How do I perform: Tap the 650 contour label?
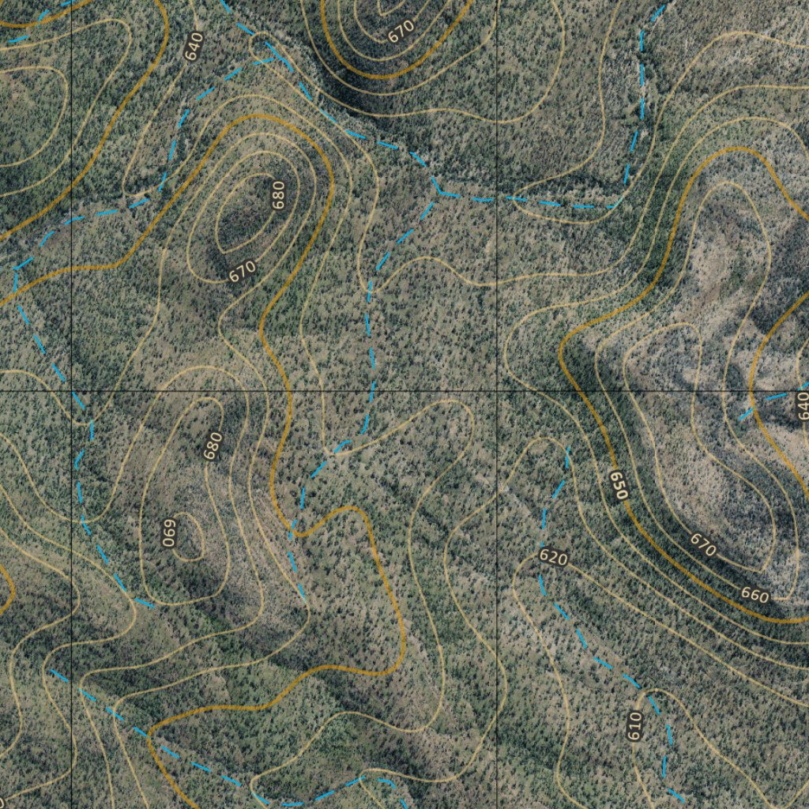pos(619,484)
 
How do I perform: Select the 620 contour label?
pos(553,558)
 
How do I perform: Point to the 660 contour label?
pos(754,595)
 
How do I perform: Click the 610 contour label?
pos(634,725)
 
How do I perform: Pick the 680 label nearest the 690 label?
pos(212,446)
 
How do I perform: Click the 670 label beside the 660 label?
pos(702,544)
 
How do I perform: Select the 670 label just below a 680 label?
pos(243,271)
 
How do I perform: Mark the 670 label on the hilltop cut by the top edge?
pos(401,31)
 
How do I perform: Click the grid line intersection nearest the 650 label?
pos(496,391)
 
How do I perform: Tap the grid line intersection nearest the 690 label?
pos(73,391)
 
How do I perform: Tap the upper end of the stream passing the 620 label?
pos(568,449)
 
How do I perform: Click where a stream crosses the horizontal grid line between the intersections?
pos(372,391)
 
